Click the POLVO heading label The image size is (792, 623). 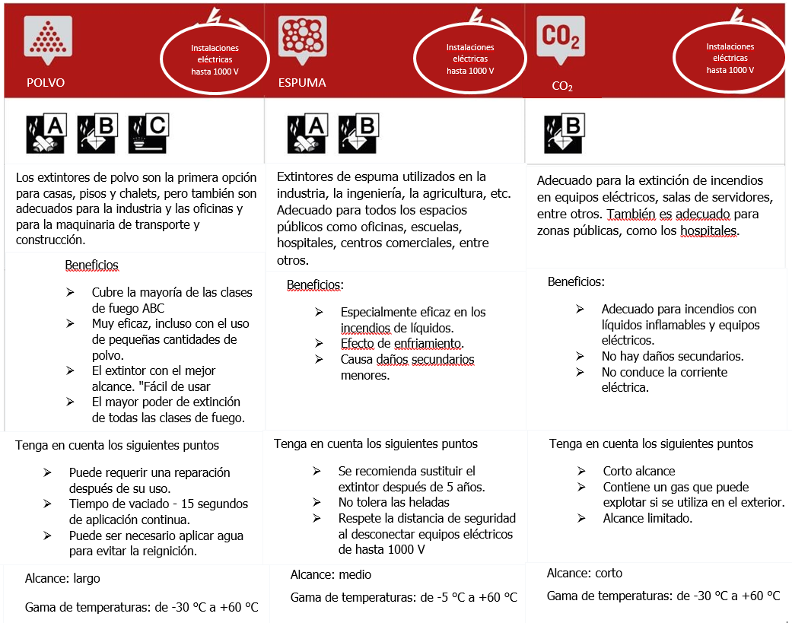[46, 83]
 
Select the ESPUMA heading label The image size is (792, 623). [302, 82]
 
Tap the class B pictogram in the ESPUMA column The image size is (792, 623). [358, 134]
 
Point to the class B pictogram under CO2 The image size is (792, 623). [564, 134]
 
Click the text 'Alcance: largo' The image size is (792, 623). [62, 578]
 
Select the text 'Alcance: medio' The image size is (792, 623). [331, 574]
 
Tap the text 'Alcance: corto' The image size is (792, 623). [584, 573]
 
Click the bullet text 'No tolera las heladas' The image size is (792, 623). [394, 502]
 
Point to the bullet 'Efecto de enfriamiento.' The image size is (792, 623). [402, 343]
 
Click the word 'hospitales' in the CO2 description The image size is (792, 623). [706, 231]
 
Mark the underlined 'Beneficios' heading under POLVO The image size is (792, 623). [92, 265]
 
